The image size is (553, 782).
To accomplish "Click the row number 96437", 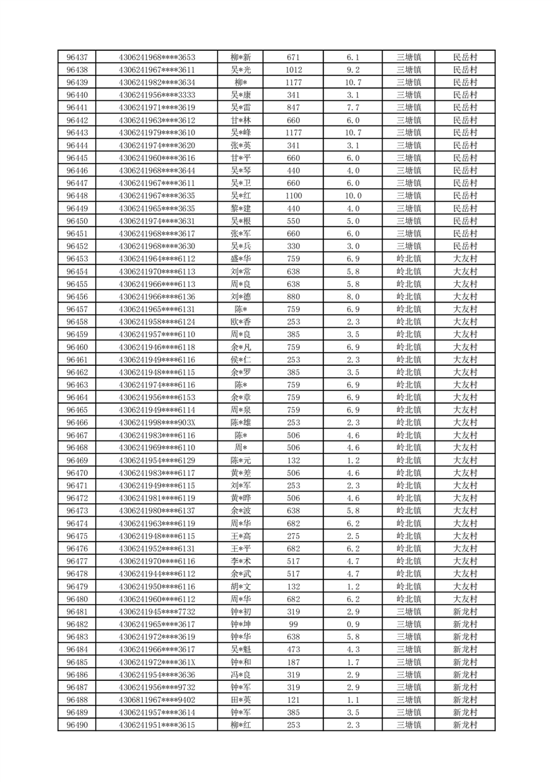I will click(77, 57).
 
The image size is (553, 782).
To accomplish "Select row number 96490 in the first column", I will click(77, 725).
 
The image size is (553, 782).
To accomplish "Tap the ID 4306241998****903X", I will click(157, 422).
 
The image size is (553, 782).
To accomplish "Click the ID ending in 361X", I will click(157, 661).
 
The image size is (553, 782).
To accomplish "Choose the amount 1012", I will click(293, 70).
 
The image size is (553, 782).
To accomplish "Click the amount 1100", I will click(293, 196).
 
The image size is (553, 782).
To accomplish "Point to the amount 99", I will click(293, 624).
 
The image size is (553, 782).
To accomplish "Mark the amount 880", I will click(293, 296).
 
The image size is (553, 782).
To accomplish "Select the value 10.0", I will click(353, 196).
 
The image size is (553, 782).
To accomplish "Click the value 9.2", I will click(353, 70).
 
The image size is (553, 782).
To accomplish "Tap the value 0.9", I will click(353, 624).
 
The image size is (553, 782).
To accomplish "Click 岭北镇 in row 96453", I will click(409, 259).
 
